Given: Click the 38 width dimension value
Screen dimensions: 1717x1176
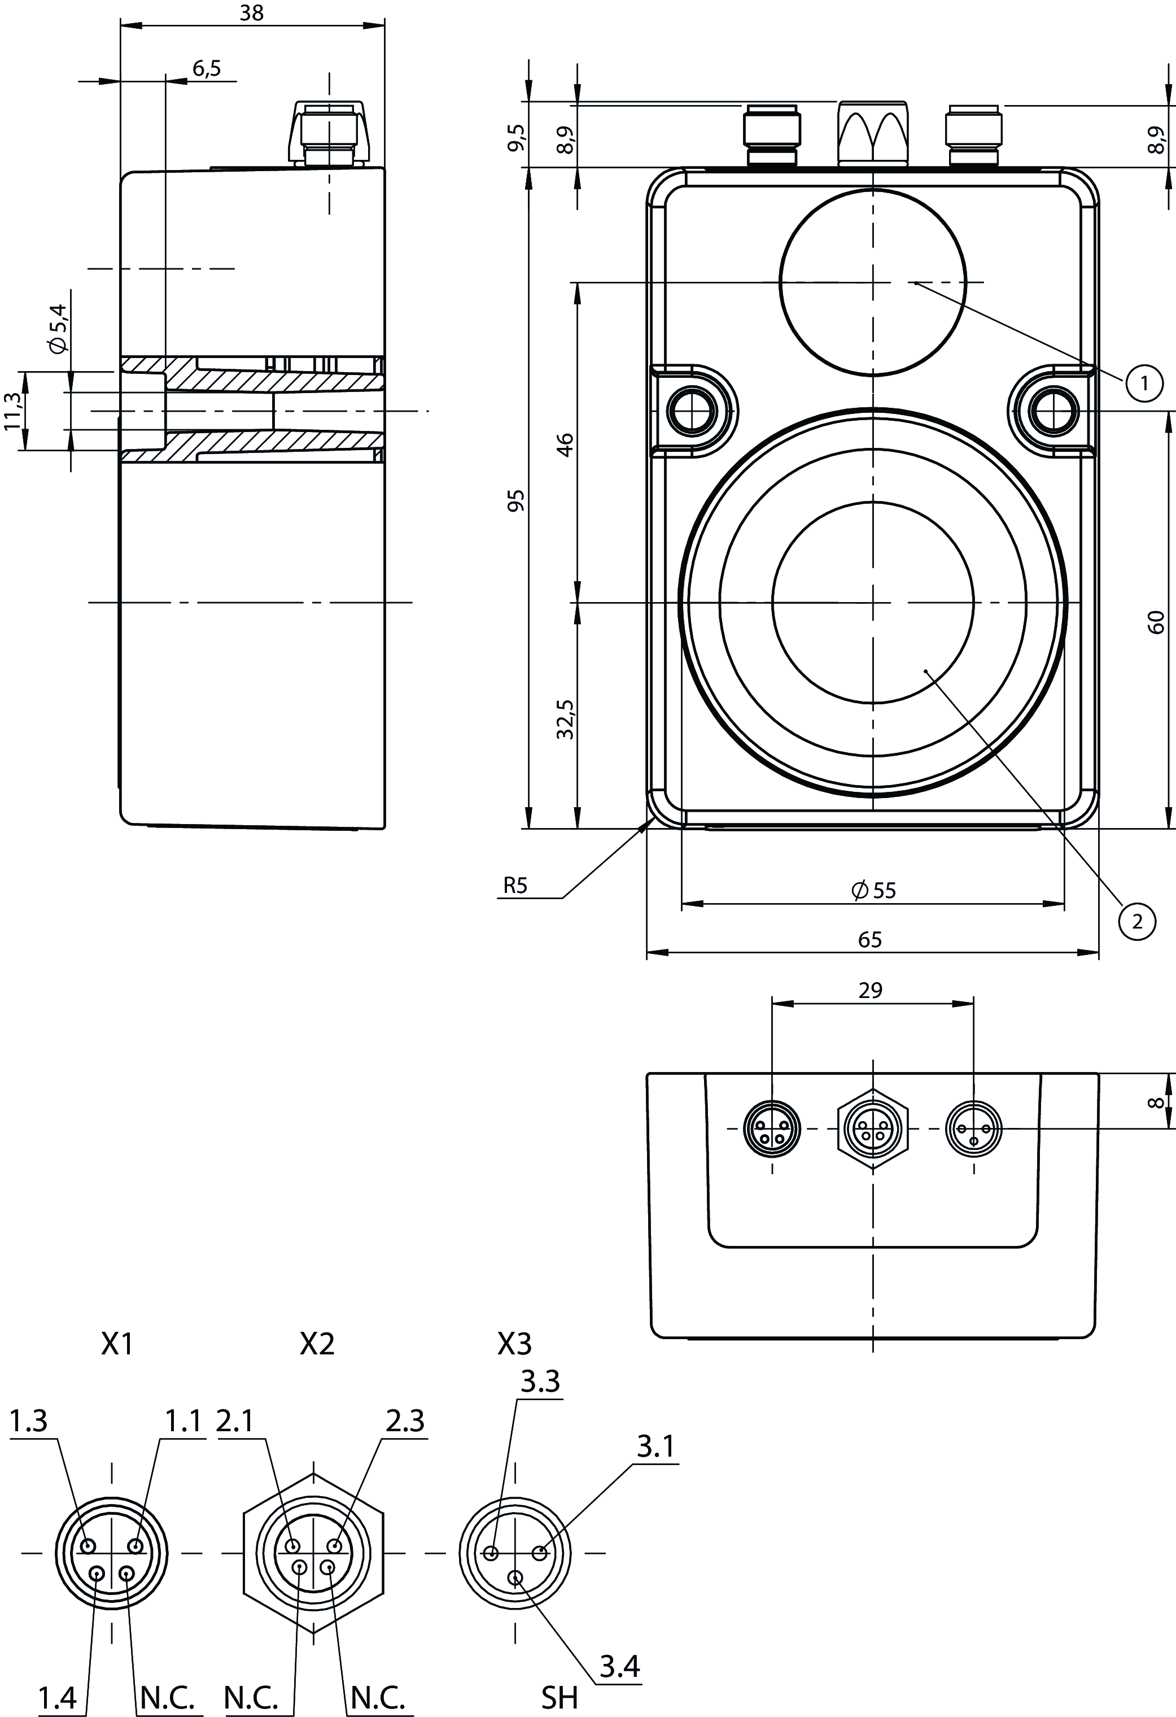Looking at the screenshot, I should (252, 14).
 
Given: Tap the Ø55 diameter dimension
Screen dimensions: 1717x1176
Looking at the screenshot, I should (873, 890).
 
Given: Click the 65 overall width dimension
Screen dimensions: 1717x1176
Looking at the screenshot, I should (870, 939).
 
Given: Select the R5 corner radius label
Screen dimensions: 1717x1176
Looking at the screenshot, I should (515, 886).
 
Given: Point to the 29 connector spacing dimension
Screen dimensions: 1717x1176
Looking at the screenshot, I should (871, 990).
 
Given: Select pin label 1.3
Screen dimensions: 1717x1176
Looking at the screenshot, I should (29, 1420).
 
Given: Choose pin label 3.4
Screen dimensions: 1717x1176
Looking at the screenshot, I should (619, 1640).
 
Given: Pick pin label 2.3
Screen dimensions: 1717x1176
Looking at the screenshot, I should (405, 1420).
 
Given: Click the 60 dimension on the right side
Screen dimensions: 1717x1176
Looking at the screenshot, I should (1157, 621).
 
